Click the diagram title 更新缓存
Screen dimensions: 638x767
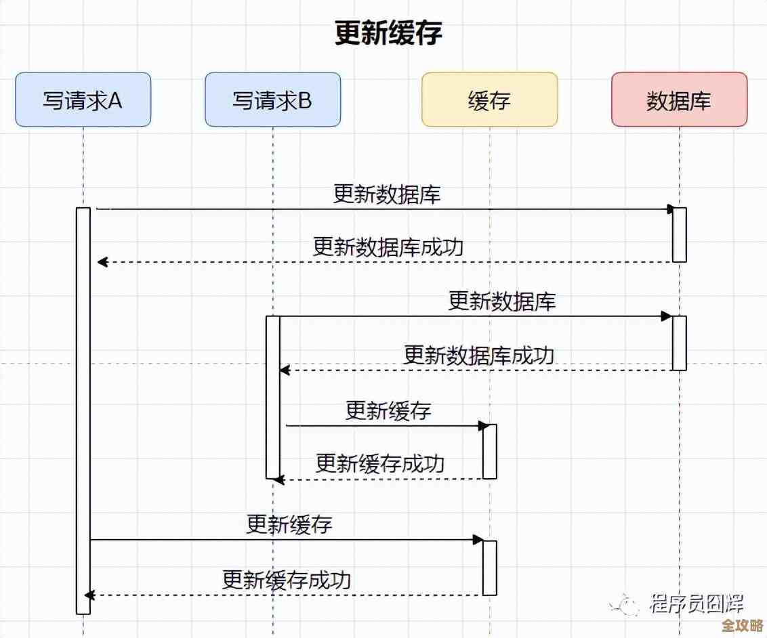pyautogui.click(x=388, y=33)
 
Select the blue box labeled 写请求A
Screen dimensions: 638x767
pyautogui.click(x=83, y=100)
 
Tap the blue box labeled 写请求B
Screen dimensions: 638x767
pyautogui.click(x=272, y=100)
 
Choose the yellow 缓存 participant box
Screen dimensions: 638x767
pyautogui.click(x=489, y=100)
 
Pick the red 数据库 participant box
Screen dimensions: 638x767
pyautogui.click(x=679, y=100)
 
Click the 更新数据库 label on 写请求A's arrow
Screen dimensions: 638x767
pyautogui.click(x=387, y=194)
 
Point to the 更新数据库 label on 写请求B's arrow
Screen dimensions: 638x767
pyautogui.click(x=502, y=301)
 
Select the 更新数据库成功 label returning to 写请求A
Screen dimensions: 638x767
pyautogui.click(x=388, y=247)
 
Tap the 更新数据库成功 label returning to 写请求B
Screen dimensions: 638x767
pyautogui.click(x=479, y=355)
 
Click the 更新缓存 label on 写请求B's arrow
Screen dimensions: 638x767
pyautogui.click(x=388, y=410)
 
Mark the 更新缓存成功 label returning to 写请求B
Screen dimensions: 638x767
pyautogui.click(x=380, y=464)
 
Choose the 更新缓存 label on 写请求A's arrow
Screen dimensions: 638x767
pyautogui.click(x=289, y=524)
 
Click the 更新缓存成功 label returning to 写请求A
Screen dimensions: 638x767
pyautogui.click(x=287, y=580)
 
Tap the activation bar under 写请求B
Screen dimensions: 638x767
pyautogui.click(x=272, y=397)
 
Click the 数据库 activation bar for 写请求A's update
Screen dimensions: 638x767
pyautogui.click(x=679, y=234)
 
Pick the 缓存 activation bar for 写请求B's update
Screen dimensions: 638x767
pyautogui.click(x=489, y=451)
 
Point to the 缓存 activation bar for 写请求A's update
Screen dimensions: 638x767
pyautogui.click(x=489, y=568)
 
